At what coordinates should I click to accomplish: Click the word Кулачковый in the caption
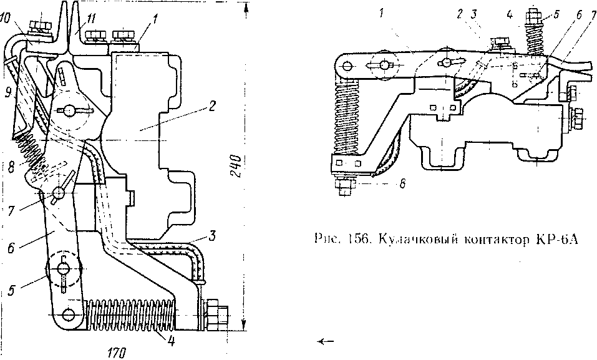[x=414, y=238]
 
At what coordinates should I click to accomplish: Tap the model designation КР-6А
[x=549, y=238]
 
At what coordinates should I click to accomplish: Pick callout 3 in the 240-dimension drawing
[x=213, y=236]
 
